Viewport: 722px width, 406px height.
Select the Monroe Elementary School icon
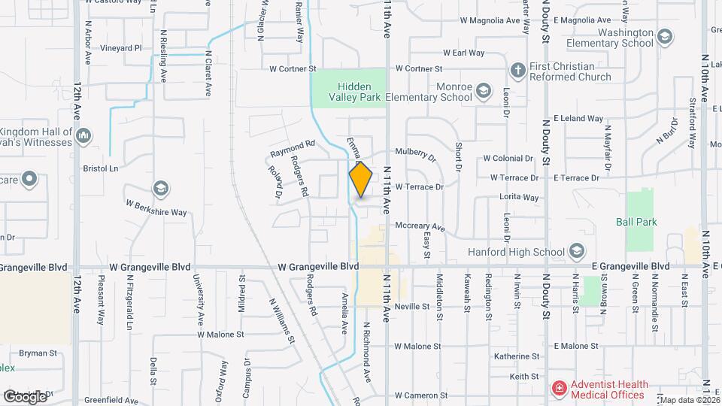(x=484, y=91)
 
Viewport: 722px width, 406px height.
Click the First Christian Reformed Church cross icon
(x=517, y=71)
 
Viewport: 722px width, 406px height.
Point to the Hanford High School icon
(x=577, y=251)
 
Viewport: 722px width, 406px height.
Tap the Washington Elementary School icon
(x=664, y=37)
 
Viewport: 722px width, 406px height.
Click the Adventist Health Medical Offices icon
(x=559, y=389)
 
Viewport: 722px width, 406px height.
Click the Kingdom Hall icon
(x=83, y=136)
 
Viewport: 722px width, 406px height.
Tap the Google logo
(x=25, y=395)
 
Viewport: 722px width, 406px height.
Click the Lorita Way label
(x=519, y=198)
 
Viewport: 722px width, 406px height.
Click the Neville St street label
(x=411, y=306)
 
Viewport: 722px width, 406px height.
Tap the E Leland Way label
(x=578, y=118)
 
